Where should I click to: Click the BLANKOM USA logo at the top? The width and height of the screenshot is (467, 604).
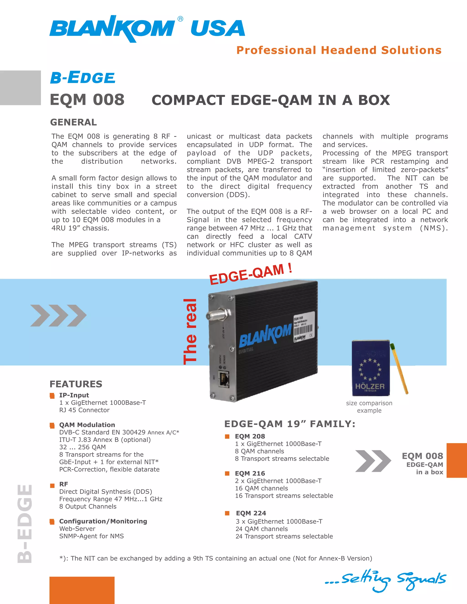[x=147, y=28]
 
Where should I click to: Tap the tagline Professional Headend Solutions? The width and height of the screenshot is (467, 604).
[x=339, y=50]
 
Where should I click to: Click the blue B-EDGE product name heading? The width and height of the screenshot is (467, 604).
[x=83, y=77]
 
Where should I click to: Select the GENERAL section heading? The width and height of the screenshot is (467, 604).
[x=73, y=122]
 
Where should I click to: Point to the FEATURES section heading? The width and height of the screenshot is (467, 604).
[x=76, y=384]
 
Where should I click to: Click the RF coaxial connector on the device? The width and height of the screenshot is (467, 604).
[x=218, y=315]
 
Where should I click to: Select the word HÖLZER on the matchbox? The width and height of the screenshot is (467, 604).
[x=370, y=386]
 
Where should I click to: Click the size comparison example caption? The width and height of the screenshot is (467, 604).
[x=369, y=407]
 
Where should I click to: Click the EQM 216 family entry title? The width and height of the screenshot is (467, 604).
[x=250, y=473]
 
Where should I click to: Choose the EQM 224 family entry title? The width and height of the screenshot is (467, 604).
[x=251, y=513]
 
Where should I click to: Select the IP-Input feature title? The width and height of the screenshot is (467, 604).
[x=74, y=395]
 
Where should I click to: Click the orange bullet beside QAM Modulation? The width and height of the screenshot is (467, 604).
[x=52, y=425]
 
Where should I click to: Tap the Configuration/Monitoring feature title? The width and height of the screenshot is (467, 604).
[x=103, y=521]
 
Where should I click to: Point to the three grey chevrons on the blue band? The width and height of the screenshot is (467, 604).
[x=58, y=315]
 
